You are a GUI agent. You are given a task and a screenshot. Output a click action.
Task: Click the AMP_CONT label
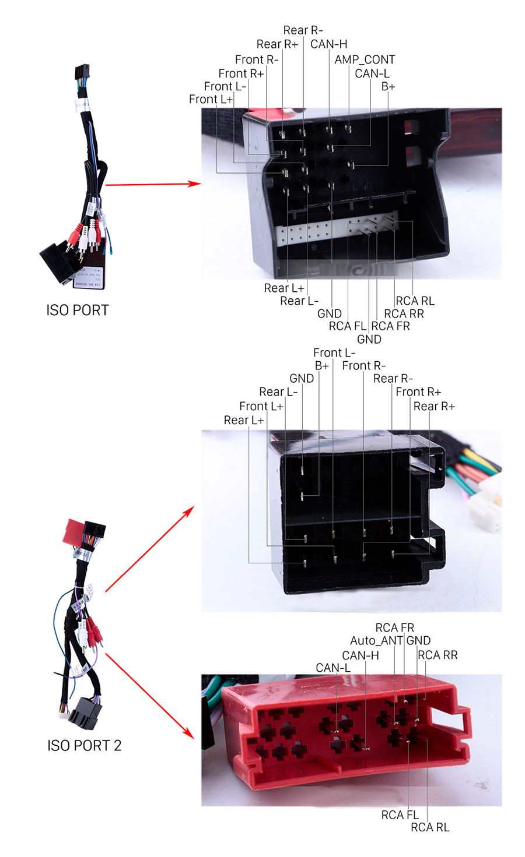(365, 59)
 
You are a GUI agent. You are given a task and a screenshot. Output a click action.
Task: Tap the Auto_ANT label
(376, 640)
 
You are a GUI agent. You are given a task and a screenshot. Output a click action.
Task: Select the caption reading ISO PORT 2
(85, 746)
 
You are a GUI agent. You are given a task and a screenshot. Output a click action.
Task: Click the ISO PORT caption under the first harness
(78, 310)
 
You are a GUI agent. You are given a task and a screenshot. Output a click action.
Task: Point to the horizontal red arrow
(153, 184)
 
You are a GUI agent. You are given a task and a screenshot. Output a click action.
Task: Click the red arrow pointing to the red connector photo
(150, 696)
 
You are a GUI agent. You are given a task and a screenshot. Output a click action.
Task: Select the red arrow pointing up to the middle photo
(150, 549)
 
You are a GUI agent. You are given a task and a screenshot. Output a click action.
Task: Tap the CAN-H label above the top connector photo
(329, 44)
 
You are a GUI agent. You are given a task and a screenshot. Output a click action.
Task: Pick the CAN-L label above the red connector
(333, 668)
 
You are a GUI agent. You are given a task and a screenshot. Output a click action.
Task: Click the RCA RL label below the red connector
(430, 827)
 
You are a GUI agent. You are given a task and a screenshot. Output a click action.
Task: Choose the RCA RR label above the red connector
(437, 655)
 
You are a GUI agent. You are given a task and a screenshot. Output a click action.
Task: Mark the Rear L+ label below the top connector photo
(284, 288)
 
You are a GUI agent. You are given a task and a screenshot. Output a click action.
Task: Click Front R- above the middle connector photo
(363, 366)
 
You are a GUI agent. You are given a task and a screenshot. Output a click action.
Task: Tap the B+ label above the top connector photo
(388, 87)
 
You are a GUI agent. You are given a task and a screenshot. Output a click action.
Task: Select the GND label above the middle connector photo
(302, 378)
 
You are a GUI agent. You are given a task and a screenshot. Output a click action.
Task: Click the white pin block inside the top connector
(337, 228)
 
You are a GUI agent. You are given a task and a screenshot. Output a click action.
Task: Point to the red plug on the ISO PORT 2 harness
(73, 531)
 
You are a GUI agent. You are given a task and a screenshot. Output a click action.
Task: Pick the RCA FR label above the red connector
(395, 628)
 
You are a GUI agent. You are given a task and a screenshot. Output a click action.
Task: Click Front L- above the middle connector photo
(334, 352)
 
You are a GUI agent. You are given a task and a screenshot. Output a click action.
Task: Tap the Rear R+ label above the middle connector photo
(434, 406)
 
